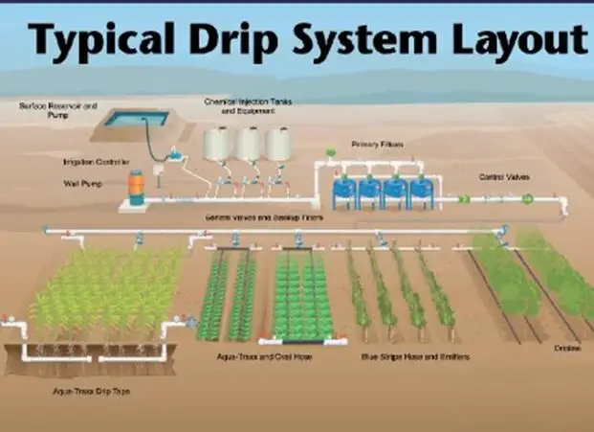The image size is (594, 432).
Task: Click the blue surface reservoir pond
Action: [136, 119]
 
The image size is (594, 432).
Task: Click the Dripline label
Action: [567, 349]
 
